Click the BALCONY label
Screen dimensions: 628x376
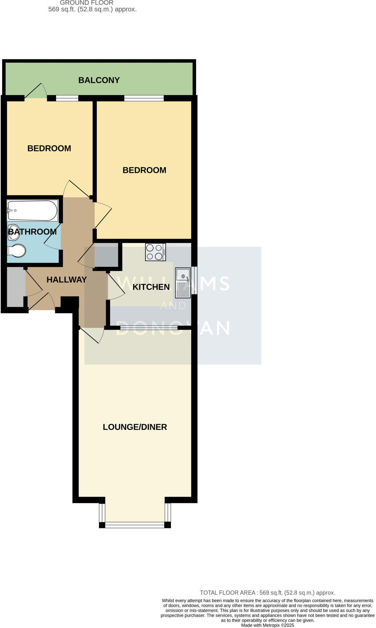pos(99,80)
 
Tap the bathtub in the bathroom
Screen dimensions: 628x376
pos(33,210)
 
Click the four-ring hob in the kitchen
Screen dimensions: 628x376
pos(156,252)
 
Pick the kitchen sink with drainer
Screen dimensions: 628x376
pos(183,283)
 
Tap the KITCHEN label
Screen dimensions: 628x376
pos(151,287)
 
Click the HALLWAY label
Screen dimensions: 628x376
pos(67,280)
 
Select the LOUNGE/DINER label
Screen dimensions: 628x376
pos(135,427)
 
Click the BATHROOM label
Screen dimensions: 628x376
pos(32,232)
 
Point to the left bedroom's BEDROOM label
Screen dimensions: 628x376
pos(49,148)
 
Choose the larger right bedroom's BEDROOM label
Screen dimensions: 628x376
pos(144,170)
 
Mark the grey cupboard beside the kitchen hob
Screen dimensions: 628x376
pos(106,255)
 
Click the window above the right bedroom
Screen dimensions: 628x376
pos(144,98)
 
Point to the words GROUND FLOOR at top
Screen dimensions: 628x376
pos(87,3)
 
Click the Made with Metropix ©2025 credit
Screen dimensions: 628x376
pos(267,625)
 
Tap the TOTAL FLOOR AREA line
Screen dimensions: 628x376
pos(267,593)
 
